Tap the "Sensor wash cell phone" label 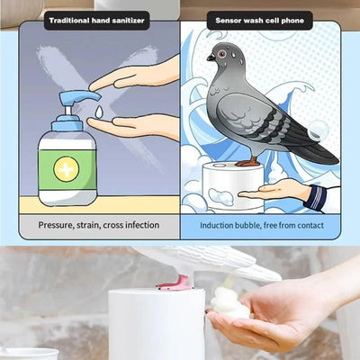[x=260, y=19]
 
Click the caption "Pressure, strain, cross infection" [x=99, y=225]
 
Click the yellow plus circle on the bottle [x=67, y=169]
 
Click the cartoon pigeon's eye [x=212, y=57]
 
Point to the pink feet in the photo [x=175, y=283]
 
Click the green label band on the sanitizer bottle [x=67, y=169]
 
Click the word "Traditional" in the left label [x=70, y=19]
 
